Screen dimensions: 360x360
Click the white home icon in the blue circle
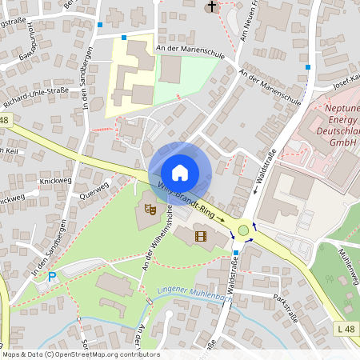click(x=180, y=172)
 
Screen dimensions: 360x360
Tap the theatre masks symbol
click(x=149, y=210)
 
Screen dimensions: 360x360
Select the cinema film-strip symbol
click(x=200, y=236)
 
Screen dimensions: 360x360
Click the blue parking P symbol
click(x=52, y=277)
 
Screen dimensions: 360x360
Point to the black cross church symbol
click(x=212, y=7)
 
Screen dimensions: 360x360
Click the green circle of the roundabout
click(x=243, y=231)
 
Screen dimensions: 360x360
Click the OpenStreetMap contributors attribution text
click(x=80, y=354)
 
